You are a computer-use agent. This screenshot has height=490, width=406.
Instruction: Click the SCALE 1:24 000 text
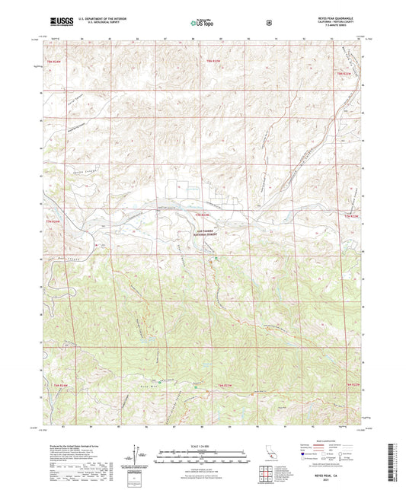[203, 444]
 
